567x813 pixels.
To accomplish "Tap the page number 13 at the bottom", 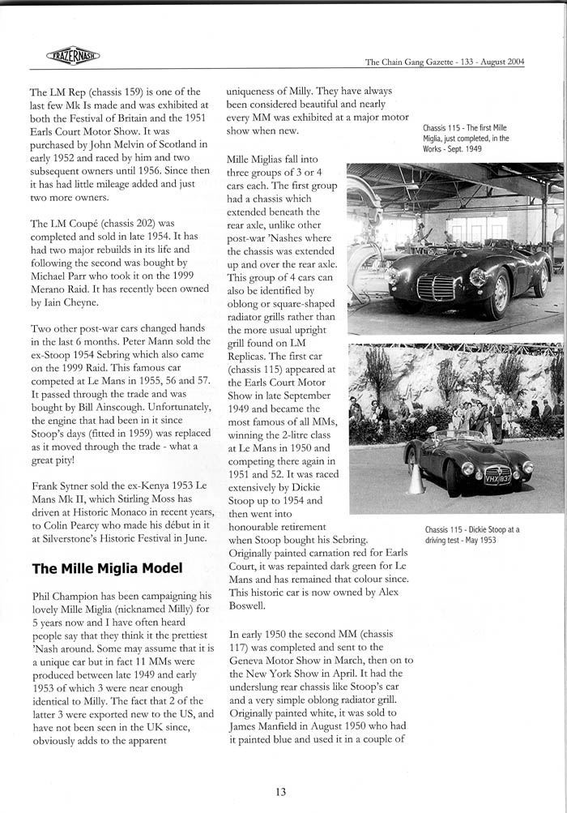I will point(280,792).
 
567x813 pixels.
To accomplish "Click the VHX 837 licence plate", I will point(497,478).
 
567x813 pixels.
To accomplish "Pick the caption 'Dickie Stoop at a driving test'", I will point(472,534).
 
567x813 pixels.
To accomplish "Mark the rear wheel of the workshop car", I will point(540,280).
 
